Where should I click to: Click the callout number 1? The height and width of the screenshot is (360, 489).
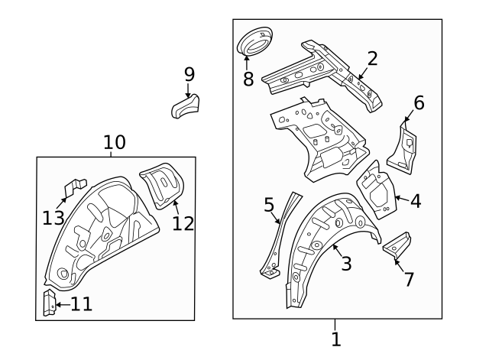click(x=336, y=339)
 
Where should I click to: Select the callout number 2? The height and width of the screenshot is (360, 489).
click(x=372, y=59)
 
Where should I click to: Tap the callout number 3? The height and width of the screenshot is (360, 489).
click(x=346, y=264)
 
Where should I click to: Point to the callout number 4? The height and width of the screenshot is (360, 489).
click(x=415, y=201)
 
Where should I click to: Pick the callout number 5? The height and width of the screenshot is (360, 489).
click(x=269, y=205)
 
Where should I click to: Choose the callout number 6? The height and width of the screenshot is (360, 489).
click(x=418, y=103)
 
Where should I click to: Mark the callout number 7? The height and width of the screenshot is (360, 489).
click(x=409, y=279)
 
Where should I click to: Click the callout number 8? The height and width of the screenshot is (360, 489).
click(x=248, y=78)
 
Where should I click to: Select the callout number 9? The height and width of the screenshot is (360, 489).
click(x=189, y=74)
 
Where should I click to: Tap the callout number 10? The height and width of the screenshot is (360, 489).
click(x=115, y=141)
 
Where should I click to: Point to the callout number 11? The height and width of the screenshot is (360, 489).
click(x=81, y=304)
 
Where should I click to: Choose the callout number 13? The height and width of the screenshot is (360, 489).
click(x=53, y=219)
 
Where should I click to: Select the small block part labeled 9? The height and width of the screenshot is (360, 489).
click(x=184, y=106)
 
